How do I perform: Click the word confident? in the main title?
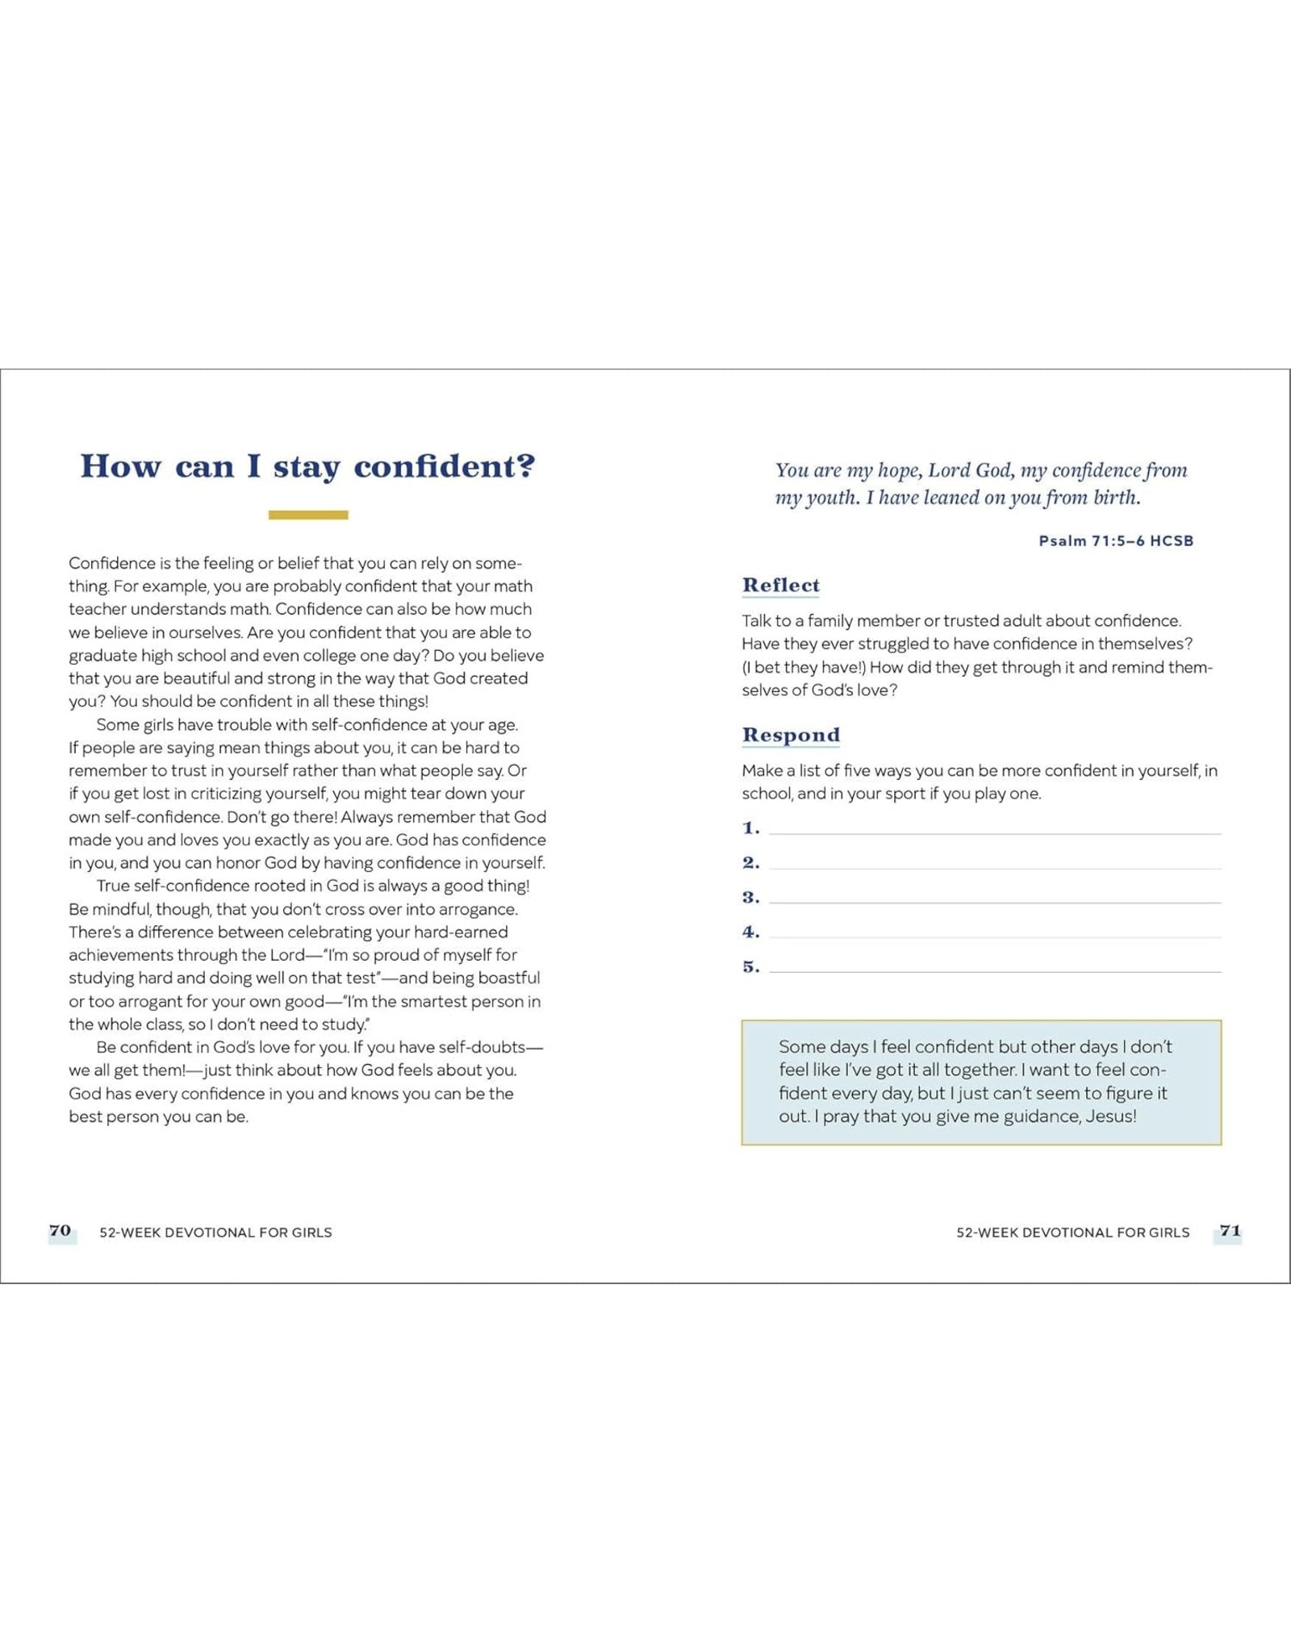pos(445,467)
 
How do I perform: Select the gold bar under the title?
pos(308,515)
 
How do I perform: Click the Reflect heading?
pos(780,585)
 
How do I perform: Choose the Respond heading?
pos(791,735)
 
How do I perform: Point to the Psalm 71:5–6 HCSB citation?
pos(1115,541)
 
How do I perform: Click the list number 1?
pos(750,828)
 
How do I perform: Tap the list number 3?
pos(750,897)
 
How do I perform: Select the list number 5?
pos(750,966)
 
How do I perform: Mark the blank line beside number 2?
pos(995,868)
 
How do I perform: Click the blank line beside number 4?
pos(995,937)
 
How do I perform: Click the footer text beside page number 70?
pos(215,1233)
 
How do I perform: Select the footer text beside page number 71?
pos(1072,1233)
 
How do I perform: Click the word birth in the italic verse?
pos(1116,498)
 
